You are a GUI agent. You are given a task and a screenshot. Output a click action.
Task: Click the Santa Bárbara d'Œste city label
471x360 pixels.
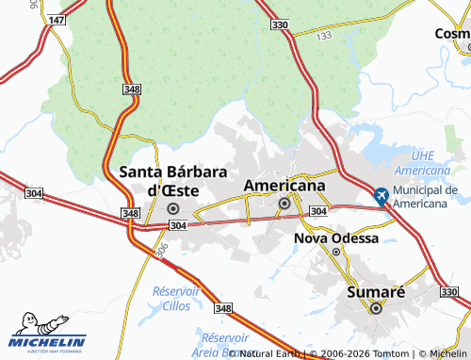click(172, 180)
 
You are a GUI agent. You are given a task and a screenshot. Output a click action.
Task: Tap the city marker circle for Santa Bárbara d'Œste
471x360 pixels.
click(172, 208)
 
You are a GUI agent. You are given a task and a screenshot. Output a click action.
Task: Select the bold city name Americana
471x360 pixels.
click(284, 186)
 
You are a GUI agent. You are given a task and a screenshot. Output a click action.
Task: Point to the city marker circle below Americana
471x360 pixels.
click(284, 203)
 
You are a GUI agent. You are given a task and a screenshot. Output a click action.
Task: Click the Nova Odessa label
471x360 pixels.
click(336, 238)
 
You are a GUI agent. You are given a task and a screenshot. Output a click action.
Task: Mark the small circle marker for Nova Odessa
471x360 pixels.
click(336, 252)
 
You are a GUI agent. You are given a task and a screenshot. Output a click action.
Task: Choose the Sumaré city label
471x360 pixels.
click(376, 292)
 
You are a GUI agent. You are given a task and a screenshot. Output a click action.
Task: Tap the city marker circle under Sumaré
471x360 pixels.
click(376, 308)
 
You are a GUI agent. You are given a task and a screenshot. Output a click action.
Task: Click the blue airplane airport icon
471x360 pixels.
click(381, 197)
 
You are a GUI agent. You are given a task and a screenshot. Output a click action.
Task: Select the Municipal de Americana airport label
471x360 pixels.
click(425, 197)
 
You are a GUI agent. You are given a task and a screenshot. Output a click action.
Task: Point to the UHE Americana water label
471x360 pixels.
click(422, 162)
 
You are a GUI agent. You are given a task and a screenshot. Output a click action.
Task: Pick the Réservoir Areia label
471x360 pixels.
click(226, 343)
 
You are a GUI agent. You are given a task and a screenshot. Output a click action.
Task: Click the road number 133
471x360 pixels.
click(324, 36)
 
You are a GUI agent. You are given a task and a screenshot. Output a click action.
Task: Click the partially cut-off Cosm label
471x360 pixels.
click(451, 33)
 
